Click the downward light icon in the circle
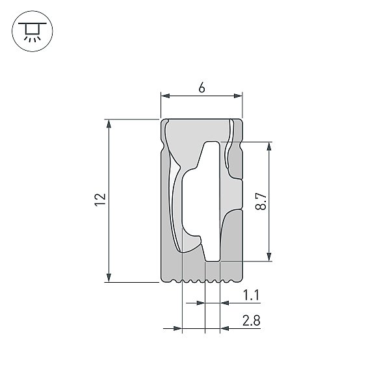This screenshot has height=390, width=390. click(32, 31)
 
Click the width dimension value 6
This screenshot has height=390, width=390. click(201, 88)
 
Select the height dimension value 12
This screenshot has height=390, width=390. click(100, 200)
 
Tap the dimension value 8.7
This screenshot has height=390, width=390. click(261, 201)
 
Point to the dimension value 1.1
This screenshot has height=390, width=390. click(251, 295)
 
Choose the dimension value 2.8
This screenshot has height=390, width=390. click(251, 320)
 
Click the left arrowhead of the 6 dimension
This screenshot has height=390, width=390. click(165, 96)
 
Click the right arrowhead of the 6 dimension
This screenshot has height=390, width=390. click(238, 96)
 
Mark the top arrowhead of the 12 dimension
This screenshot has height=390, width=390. click(109, 123)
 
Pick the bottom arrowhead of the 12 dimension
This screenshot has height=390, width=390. click(109, 278)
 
